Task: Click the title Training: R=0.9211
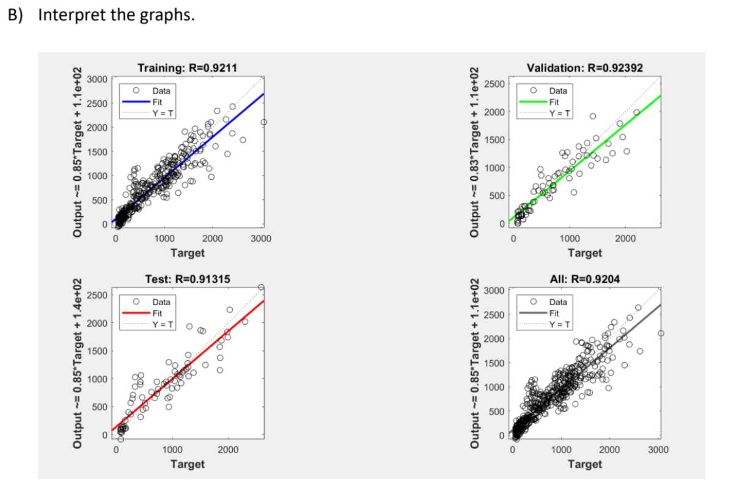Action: [187, 68]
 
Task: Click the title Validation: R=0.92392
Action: [584, 68]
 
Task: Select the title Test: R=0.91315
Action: [187, 279]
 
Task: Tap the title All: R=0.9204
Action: [584, 279]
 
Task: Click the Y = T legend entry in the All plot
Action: [558, 324]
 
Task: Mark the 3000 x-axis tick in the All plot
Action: [659, 450]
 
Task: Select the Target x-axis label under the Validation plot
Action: [584, 253]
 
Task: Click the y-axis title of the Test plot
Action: [78, 363]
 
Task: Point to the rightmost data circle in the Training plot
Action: [264, 122]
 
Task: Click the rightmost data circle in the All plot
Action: [661, 333]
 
